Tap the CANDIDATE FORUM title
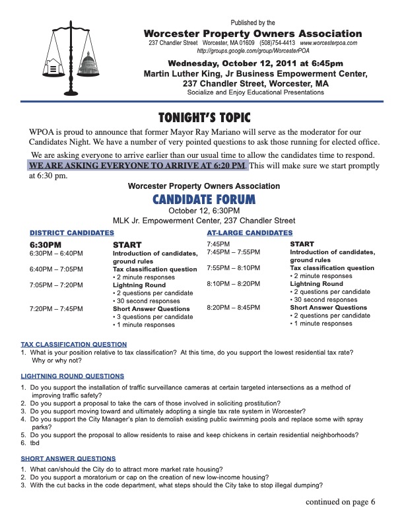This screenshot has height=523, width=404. (x=204, y=199)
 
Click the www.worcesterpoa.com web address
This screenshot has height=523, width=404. (x=328, y=43)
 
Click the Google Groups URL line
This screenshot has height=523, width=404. (x=253, y=51)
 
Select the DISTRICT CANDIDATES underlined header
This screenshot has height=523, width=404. (x=72, y=234)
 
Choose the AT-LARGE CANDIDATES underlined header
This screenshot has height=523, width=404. (x=250, y=234)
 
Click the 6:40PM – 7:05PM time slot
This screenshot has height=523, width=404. (x=57, y=269)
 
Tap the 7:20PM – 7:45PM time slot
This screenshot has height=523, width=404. (x=57, y=309)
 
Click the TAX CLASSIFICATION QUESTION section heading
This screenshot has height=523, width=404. (x=74, y=345)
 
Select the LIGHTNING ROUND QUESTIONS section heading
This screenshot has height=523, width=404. (x=73, y=376)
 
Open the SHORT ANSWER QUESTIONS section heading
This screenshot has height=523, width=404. (x=69, y=458)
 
